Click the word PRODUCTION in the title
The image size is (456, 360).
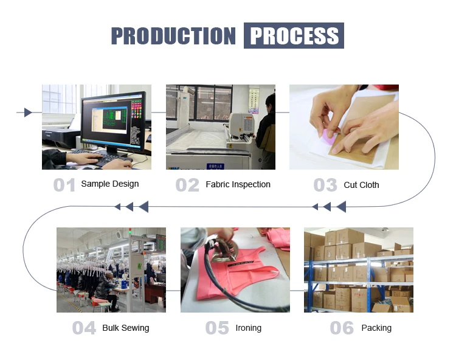pos(173,36)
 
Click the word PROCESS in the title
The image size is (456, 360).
pos(294,36)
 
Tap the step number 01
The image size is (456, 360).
pos(64,185)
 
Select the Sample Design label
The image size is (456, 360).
pos(110,184)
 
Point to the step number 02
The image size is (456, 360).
pos(188,185)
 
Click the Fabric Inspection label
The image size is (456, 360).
pos(238,184)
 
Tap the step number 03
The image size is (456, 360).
pos(325,185)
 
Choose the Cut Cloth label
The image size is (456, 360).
pos(361,185)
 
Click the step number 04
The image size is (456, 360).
pos(84,328)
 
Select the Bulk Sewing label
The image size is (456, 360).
pos(126,328)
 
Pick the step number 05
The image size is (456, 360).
pos(217,328)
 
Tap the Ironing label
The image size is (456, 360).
pos(248,328)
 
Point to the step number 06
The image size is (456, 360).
pos(342,328)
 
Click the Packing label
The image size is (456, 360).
pos(376,328)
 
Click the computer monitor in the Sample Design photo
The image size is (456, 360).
pos(114,122)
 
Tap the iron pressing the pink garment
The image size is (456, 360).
pos(223,249)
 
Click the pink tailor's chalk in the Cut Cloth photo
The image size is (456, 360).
pos(328,137)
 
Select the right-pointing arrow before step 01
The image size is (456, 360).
pos(28,112)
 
